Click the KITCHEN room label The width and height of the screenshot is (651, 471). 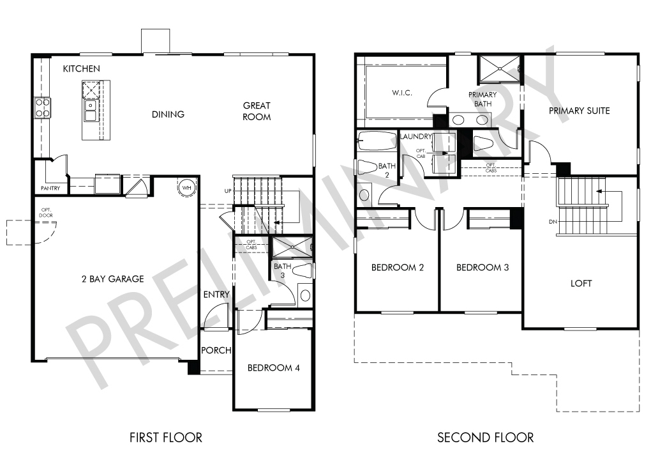click(82, 68)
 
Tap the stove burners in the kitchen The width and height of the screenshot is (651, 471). click(42, 107)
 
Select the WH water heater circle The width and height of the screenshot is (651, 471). click(187, 187)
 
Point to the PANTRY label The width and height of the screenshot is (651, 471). click(50, 189)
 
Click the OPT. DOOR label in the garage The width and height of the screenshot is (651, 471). click(46, 212)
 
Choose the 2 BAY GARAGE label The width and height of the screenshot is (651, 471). click(113, 279)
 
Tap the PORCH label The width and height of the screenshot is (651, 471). click(216, 350)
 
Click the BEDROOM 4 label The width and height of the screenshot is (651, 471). click(274, 368)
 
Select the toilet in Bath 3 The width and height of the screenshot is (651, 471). click(303, 270)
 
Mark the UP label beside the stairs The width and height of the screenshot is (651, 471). click(228, 191)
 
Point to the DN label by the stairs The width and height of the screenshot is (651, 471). click(553, 222)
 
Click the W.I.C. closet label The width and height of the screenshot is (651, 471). click(402, 93)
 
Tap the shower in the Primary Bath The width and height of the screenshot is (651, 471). click(500, 68)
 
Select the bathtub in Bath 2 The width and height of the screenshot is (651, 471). click(377, 141)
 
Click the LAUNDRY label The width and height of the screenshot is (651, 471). click(416, 136)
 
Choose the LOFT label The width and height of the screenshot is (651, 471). click(581, 284)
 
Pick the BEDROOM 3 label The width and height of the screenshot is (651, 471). click(483, 267)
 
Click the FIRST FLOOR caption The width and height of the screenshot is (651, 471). click(166, 437)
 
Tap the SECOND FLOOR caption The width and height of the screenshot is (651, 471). click(485, 437)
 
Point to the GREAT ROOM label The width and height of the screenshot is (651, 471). click(257, 111)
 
